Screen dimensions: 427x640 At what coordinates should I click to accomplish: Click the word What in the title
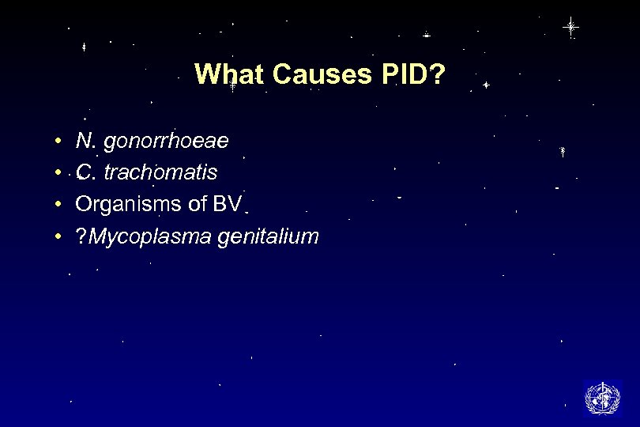228,75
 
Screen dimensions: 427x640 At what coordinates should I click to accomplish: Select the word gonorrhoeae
167,142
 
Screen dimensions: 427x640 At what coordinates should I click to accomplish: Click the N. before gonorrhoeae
85,142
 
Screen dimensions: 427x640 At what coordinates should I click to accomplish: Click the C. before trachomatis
85,172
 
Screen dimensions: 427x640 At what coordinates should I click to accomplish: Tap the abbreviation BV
227,203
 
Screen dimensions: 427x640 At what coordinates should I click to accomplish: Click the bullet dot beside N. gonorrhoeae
60,142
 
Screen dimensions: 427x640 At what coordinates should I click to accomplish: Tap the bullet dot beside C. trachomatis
60,173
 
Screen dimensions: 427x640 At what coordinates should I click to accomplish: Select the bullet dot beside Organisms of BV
60,204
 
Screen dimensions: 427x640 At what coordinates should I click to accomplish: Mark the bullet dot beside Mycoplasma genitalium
60,236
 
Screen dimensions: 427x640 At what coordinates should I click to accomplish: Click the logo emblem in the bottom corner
602,398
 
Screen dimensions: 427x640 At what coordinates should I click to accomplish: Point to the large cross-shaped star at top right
570,27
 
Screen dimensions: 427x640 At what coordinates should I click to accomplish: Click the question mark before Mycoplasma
81,236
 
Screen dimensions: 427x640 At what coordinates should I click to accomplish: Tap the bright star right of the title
486,84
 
